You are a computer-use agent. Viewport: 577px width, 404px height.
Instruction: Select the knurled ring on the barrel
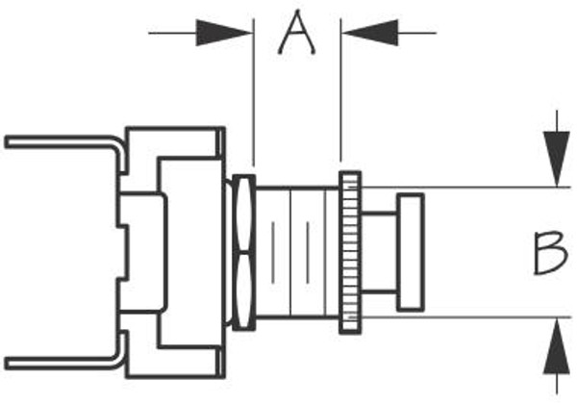(x=350, y=252)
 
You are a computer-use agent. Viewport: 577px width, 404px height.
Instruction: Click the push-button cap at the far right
(x=412, y=252)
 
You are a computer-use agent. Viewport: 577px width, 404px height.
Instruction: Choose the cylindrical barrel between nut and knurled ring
(x=298, y=252)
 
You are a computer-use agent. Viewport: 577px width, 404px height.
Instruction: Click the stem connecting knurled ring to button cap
(x=380, y=252)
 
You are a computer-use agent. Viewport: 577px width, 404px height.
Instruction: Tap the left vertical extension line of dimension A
(x=252, y=96)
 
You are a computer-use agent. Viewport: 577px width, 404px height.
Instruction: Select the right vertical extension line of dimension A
(x=341, y=96)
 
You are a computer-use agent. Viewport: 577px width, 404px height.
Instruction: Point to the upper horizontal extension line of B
(x=462, y=188)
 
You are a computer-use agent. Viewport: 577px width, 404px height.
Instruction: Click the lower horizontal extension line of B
(x=462, y=317)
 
